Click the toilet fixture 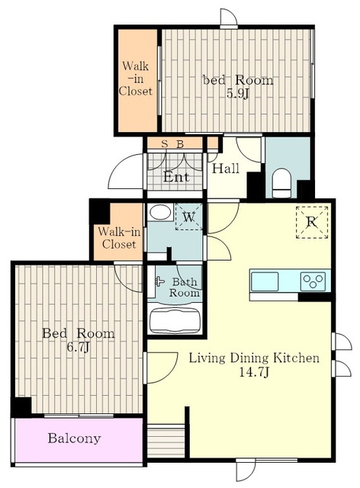click(x=281, y=184)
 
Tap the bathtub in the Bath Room click(x=175, y=321)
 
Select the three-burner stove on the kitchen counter click(x=313, y=281)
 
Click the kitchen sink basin click(x=265, y=281)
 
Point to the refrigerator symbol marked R click(x=312, y=222)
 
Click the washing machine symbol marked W click(x=188, y=217)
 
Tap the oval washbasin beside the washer click(x=160, y=213)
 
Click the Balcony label click(x=75, y=438)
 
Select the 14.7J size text click(x=254, y=372)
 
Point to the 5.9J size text click(x=238, y=93)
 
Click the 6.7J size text click(x=78, y=347)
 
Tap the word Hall click(x=226, y=169)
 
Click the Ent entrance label click(x=176, y=178)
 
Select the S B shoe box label click(x=172, y=144)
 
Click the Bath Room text click(x=184, y=287)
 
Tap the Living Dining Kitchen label click(x=254, y=358)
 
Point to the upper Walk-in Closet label click(x=136, y=79)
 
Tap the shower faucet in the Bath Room click(x=159, y=281)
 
